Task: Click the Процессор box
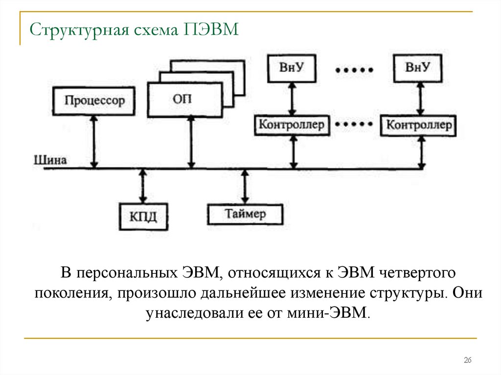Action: pos(94,101)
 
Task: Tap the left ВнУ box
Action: pos(292,68)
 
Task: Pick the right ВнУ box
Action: pos(419,67)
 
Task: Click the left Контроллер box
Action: pos(292,125)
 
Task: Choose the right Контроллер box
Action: pos(420,125)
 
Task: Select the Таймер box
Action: pos(245,213)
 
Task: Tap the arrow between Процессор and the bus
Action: pos(94,142)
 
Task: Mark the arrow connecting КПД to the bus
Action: pos(142,186)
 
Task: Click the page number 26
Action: pos(467,360)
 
